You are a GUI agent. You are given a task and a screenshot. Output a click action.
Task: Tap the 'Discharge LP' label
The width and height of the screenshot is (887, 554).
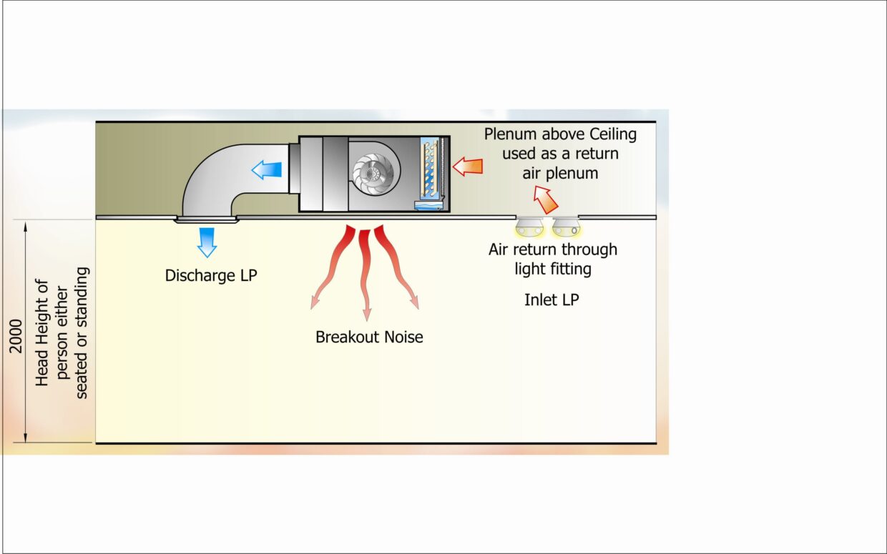pyautogui.click(x=210, y=275)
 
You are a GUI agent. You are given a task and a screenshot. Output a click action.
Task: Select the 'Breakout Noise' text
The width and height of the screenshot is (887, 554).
pyautogui.click(x=369, y=337)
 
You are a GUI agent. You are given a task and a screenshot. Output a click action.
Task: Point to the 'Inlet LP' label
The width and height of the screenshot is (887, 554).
pyautogui.click(x=552, y=300)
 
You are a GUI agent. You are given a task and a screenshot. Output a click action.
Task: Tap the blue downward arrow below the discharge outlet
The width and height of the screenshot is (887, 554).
pyautogui.click(x=207, y=242)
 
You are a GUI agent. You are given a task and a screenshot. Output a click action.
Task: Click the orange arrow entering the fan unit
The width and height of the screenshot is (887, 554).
pyautogui.click(x=469, y=167)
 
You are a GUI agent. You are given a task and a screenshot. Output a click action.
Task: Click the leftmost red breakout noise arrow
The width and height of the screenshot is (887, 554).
pyautogui.click(x=330, y=268)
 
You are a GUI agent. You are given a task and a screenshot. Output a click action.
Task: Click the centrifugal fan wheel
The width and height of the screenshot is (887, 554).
pyautogui.click(x=376, y=173)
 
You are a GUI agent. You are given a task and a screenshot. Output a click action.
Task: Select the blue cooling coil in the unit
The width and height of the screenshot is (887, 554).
pyautogui.click(x=431, y=172)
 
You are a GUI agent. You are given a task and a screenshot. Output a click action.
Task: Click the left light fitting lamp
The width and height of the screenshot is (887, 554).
pyautogui.click(x=531, y=228)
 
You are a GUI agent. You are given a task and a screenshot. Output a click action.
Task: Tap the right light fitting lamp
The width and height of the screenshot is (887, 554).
pyautogui.click(x=567, y=228)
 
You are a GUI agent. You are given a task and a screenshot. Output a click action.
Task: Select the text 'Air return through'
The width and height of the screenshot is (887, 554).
pyautogui.click(x=553, y=249)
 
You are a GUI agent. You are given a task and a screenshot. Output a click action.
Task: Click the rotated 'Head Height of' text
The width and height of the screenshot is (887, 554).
pyautogui.click(x=43, y=332)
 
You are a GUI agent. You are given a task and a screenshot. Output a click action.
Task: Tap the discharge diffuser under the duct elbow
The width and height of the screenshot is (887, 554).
pyautogui.click(x=206, y=220)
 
